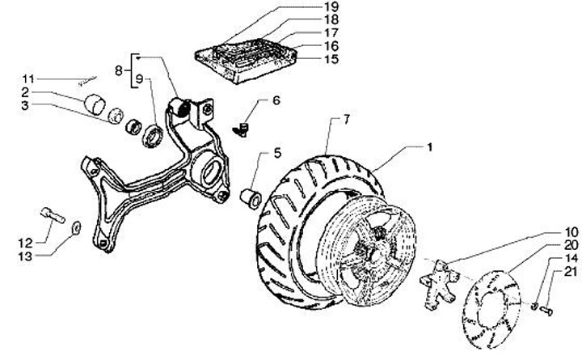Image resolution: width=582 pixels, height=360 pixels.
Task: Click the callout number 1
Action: [x=430, y=147]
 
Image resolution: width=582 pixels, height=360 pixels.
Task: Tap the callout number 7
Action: [x=346, y=120]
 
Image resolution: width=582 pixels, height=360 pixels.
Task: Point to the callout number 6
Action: [x=276, y=101]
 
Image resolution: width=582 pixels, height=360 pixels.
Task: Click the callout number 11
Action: [x=28, y=78]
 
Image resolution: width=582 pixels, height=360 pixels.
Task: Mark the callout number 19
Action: [x=331, y=7]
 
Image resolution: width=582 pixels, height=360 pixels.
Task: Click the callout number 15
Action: [x=331, y=59]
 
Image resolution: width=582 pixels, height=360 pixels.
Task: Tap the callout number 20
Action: [x=569, y=244]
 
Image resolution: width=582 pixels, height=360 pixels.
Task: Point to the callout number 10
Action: [x=569, y=231]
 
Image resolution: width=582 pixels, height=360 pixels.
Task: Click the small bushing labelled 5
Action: [x=251, y=197]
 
